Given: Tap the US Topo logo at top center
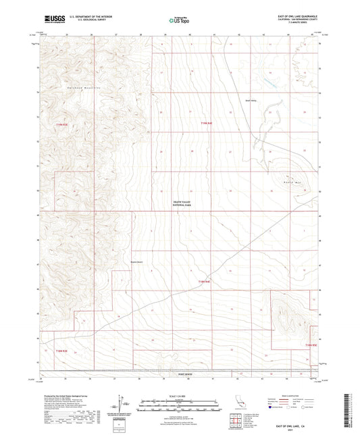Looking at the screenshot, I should click(179, 20).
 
